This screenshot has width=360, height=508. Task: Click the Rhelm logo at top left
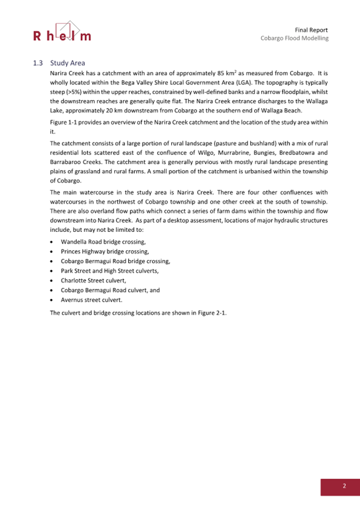(62, 32)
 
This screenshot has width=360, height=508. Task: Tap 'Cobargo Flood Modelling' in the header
(294, 38)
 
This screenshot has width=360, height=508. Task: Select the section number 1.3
(37, 63)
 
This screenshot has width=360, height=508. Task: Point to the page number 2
(344, 486)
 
